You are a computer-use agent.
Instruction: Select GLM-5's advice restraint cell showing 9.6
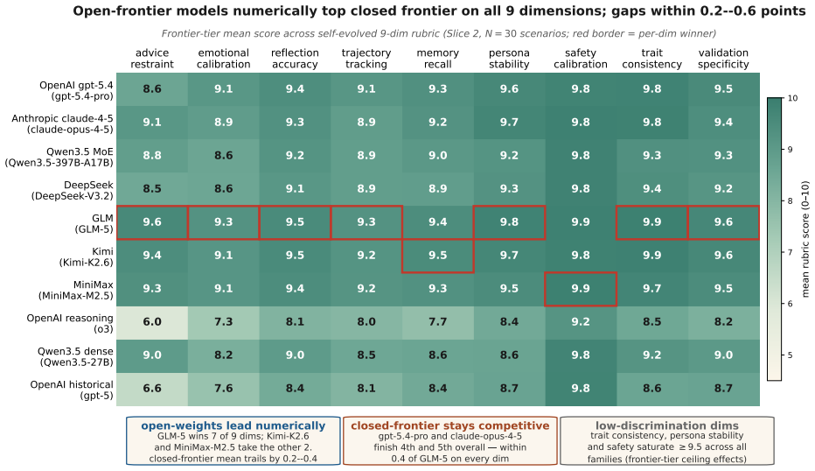pyautogui.click(x=152, y=222)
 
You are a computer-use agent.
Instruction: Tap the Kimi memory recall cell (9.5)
pyautogui.click(x=437, y=256)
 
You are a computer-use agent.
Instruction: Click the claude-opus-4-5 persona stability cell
pyautogui.click(x=509, y=123)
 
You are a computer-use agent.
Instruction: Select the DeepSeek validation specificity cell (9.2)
pyautogui.click(x=723, y=189)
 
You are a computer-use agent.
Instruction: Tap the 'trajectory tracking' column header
pyautogui.click(x=366, y=59)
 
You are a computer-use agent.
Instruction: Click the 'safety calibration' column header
pyautogui.click(x=581, y=59)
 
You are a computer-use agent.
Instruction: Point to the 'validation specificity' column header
pyautogui.click(x=723, y=59)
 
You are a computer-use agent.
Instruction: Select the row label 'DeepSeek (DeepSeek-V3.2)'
pyautogui.click(x=73, y=191)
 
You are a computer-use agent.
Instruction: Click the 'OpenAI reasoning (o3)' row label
pyautogui.click(x=70, y=324)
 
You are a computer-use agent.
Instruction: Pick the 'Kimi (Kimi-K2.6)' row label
pyautogui.click(x=86, y=257)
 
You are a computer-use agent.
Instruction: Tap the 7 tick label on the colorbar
pyautogui.click(x=791, y=252)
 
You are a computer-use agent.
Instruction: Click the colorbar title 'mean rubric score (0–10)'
pyautogui.click(x=805, y=239)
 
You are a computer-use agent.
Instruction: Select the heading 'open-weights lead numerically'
pyautogui.click(x=233, y=425)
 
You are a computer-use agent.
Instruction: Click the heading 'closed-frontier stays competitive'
pyautogui.click(x=450, y=425)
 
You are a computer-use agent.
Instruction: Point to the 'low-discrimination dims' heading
pyautogui.click(x=667, y=425)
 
